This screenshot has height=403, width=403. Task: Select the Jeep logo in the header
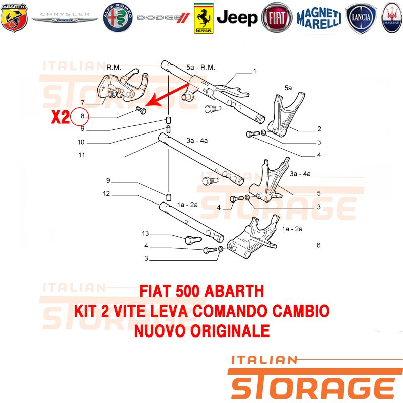tap(237, 18)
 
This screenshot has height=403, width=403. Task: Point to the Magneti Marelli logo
tap(318, 18)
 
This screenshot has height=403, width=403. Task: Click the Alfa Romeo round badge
tap(117, 18)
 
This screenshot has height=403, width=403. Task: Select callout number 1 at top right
tap(255, 71)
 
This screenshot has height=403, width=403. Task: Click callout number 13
tap(146, 233)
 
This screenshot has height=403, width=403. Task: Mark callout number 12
tap(106, 193)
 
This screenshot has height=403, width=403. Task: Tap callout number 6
tap(318, 246)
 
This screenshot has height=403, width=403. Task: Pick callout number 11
tap(81, 155)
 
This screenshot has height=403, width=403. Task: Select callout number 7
tap(89, 103)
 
